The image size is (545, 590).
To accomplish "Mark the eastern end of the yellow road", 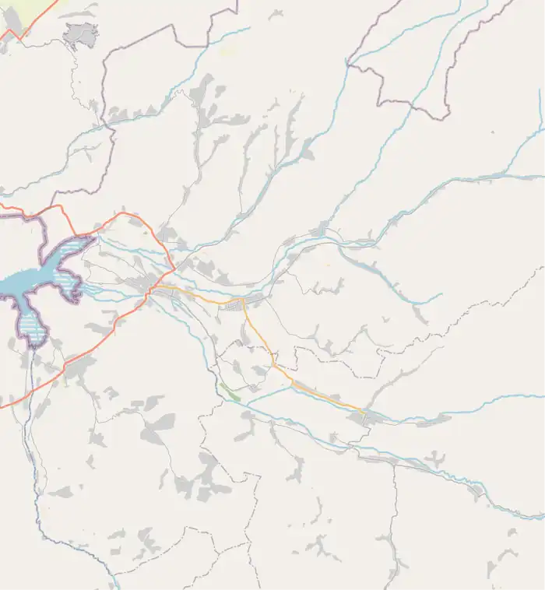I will [x=364, y=411].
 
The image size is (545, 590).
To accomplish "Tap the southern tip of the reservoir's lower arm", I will [x=35, y=344].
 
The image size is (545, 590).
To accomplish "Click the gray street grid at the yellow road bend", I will [x=237, y=305].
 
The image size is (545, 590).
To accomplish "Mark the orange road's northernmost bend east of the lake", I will [x=121, y=212].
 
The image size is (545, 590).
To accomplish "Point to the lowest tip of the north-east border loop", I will [x=445, y=118].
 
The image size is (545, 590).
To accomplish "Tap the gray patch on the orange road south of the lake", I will [x=78, y=366].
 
